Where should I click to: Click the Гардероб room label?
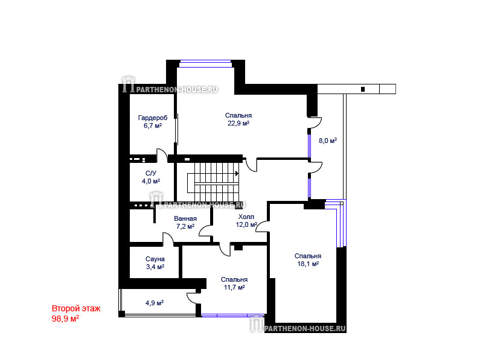coord(153,118)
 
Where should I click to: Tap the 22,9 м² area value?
coord(238,124)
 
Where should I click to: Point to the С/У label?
coord(150,173)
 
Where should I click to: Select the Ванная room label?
coord(185,218)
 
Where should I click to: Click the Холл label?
coord(246,217)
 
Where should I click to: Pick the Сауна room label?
coord(155,259)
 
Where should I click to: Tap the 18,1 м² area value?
coord(308,264)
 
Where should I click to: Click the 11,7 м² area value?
coord(234,288)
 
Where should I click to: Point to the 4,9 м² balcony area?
coord(155,303)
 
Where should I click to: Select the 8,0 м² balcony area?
coord(328,141)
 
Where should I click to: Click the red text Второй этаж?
coord(76,308)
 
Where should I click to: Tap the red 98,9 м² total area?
coord(65,319)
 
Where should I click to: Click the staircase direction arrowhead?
coord(237,174)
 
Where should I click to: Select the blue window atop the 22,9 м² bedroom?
coord(205,64)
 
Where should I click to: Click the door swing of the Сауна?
coord(168,239)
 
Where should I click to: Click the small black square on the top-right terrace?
coord(363,89)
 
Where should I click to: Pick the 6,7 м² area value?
coord(153,126)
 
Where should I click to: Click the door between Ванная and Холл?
coord(205,231)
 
